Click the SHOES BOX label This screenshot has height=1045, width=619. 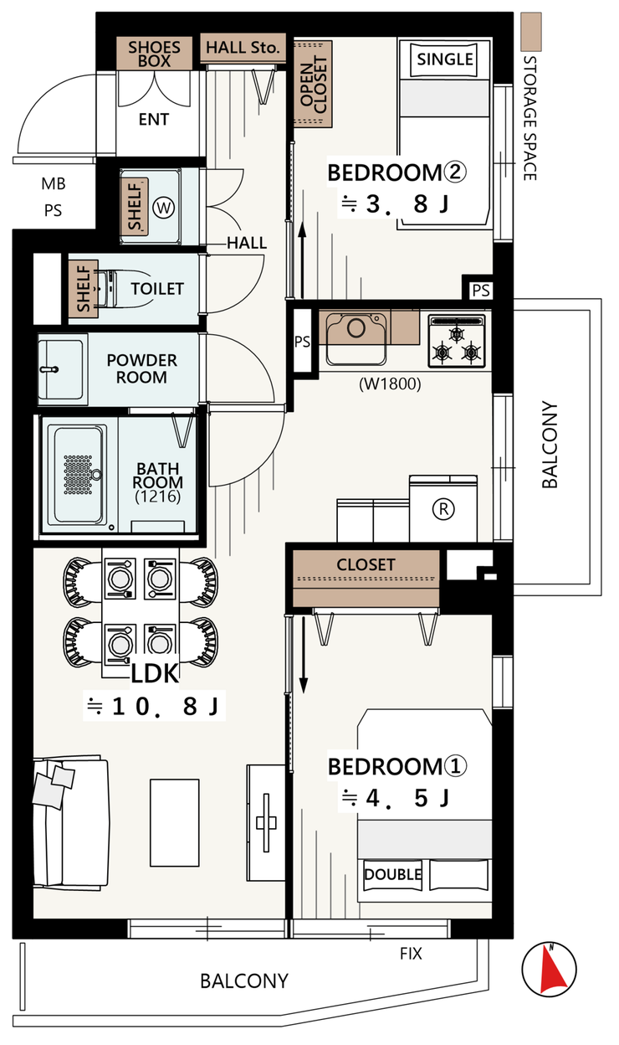point(154,54)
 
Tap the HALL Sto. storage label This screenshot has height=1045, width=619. point(243,47)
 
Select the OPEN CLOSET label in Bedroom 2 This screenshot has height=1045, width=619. point(314,85)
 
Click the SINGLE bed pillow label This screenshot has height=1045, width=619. point(445,59)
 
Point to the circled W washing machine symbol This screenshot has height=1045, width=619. point(164,208)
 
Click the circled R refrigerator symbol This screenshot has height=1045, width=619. point(443,508)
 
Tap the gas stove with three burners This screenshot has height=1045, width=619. point(457,341)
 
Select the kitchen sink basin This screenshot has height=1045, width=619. point(356,338)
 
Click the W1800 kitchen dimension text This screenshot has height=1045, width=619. point(390,384)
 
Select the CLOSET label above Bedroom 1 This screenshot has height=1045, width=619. point(366,564)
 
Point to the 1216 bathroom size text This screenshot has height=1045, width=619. point(157,497)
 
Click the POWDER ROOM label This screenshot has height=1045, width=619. point(141,368)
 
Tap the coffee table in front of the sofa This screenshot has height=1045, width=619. point(175,822)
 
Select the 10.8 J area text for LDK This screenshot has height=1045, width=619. point(154,706)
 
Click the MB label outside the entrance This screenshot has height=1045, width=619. point(54,184)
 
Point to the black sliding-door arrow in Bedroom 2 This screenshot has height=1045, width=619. point(302,260)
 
